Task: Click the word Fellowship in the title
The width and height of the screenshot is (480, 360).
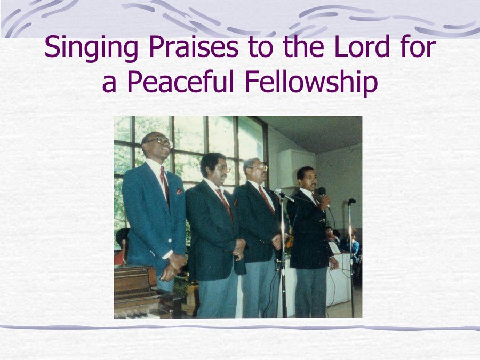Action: [x=311, y=83]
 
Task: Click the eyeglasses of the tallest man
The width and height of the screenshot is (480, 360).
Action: [x=160, y=141]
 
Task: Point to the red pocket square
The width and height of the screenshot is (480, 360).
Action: [x=179, y=191]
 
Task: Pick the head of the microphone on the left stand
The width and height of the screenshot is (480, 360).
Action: [x=278, y=191]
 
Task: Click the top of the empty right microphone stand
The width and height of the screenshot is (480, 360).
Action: [x=351, y=202]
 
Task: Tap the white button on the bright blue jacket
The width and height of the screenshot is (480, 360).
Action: [x=170, y=241]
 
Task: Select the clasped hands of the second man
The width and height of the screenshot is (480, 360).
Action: [x=239, y=249]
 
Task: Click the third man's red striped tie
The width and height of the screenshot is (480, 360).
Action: [x=266, y=199]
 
